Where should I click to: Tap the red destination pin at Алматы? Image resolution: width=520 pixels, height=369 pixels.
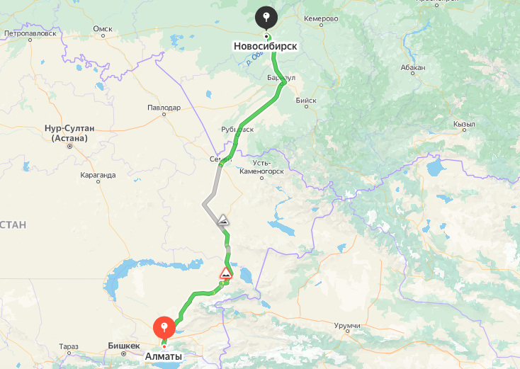[x=164, y=328]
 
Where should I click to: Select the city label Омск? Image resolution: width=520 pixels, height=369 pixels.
[x=103, y=29]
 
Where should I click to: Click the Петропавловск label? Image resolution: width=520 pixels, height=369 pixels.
[x=30, y=33]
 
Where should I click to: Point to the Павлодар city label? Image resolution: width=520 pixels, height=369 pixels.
[x=164, y=108]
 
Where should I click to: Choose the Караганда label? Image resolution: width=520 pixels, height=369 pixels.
[x=98, y=174]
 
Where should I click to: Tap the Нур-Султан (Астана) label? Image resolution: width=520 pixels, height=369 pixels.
[x=69, y=133]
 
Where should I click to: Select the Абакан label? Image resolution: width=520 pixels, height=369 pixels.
[x=412, y=68]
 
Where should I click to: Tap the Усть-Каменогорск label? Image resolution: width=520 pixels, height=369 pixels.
[x=261, y=168]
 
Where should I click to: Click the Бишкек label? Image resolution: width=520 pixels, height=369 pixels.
[x=123, y=346]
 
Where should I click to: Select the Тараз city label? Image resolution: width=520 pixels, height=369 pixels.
[x=69, y=346]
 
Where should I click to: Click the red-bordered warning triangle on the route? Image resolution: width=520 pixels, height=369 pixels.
[x=226, y=273]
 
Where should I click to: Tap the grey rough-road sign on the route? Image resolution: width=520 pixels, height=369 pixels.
[x=223, y=220]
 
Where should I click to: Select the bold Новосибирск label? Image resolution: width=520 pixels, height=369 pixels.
[x=265, y=46]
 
